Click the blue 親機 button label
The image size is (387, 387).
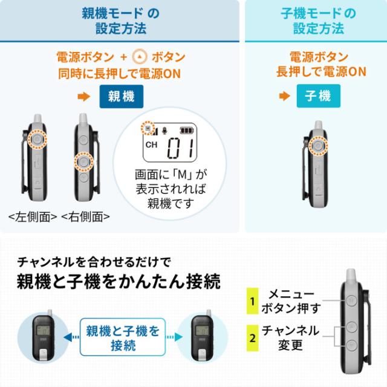(121, 97)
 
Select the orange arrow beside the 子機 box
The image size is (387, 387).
(282, 97)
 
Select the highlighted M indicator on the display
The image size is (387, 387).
(147, 128)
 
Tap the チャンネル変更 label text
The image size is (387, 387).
(290, 337)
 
